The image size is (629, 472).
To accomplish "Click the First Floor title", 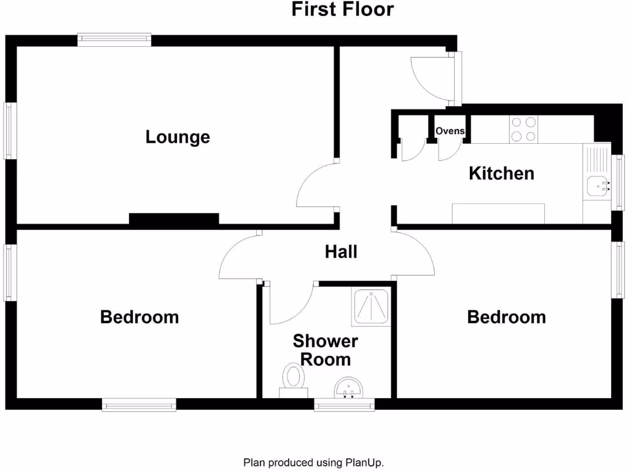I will click(342, 10).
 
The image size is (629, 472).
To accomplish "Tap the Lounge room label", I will click(178, 136).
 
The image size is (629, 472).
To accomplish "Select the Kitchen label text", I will click(501, 173).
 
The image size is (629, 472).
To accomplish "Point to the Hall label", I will click(341, 251).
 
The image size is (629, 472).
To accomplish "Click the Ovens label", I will click(450, 131).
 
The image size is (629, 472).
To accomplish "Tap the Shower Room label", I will click(326, 350).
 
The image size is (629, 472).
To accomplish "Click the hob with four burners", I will click(523, 129).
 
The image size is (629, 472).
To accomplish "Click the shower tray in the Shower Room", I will click(371, 307).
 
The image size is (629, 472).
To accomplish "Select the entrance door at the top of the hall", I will click(433, 79).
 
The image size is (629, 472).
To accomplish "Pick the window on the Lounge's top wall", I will click(114, 40).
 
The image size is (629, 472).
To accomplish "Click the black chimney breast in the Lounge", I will click(174, 219).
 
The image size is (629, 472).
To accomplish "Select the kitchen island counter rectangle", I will click(498, 213).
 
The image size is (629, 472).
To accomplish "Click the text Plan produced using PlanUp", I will click(314, 462).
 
